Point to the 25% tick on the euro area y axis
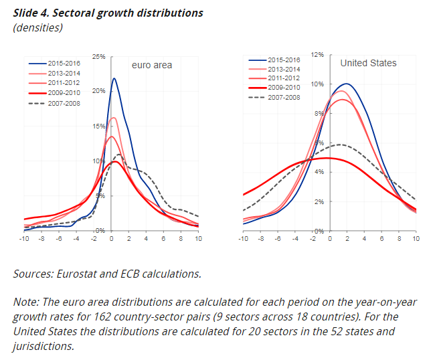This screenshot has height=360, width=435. tap(99, 57)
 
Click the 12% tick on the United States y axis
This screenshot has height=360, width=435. tap(317, 54)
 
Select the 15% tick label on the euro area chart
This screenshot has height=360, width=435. tap(99, 126)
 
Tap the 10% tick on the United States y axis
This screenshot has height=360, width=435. tap(317, 84)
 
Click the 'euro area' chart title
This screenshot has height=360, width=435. tap(151, 65)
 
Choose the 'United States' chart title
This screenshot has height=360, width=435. tap(368, 63)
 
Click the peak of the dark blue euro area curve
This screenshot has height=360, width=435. tap(114, 78)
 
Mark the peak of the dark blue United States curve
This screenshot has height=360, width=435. tap(346, 84)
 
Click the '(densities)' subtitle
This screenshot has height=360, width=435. tap(37, 27)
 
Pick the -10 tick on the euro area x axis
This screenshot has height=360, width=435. tap(25, 238)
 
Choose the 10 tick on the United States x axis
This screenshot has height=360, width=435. tap(416, 238)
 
